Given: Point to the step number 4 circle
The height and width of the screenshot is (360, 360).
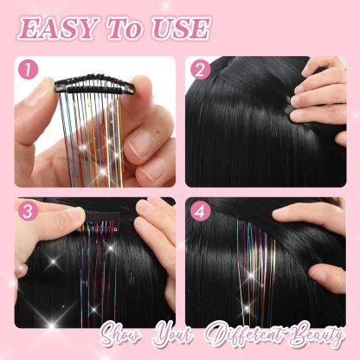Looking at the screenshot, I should coord(200,211).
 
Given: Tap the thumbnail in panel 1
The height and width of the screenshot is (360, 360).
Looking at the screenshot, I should coord(138,144).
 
